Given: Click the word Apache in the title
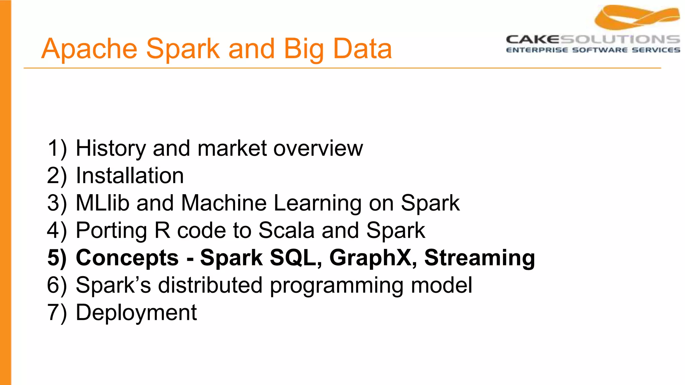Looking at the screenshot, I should pos(89,49).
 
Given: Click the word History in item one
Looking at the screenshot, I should pos(111,148).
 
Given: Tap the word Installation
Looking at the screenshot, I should pos(130,176).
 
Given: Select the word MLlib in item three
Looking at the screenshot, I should pos(102,203).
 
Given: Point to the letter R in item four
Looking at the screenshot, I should pos(162,230).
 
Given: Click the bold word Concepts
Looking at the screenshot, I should pos(127,258).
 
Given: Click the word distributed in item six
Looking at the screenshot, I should pos(210,285).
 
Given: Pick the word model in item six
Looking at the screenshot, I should pos(442,285).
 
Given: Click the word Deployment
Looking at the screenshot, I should pos(136,313).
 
